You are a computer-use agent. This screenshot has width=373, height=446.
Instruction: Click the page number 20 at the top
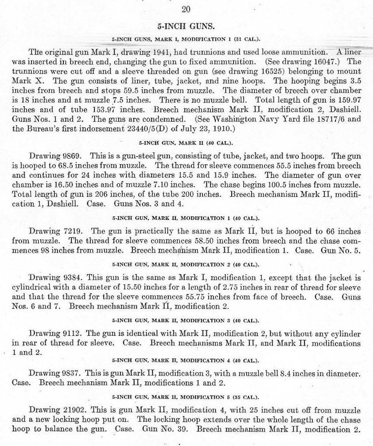[186, 9]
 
